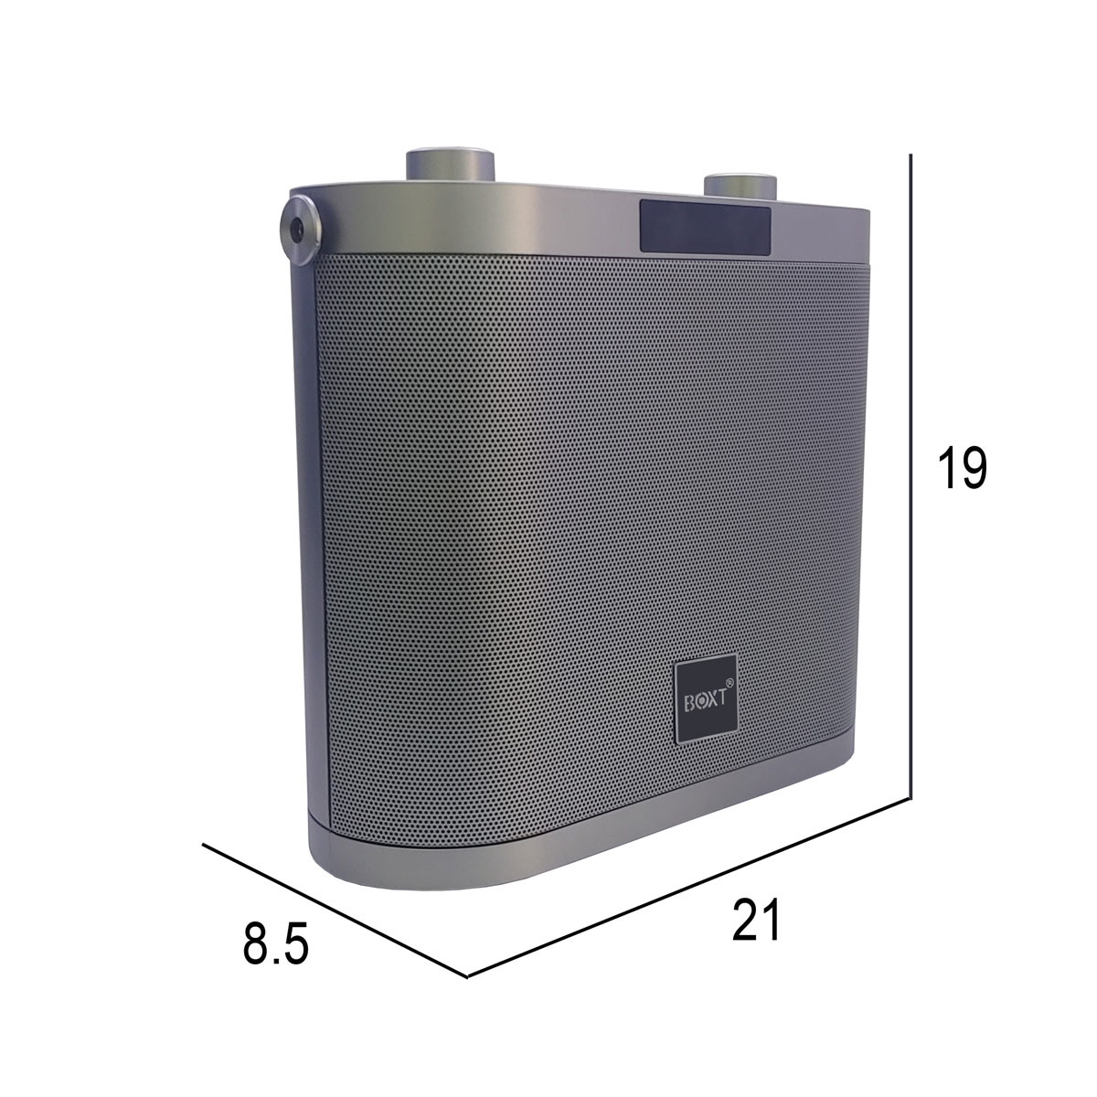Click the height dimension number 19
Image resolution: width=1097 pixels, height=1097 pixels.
coord(962,468)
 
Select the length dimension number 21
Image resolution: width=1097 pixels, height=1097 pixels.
coord(757,921)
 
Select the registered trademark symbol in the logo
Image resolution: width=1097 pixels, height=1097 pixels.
coord(729,681)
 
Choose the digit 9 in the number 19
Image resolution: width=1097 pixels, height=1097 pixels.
coord(974,468)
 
